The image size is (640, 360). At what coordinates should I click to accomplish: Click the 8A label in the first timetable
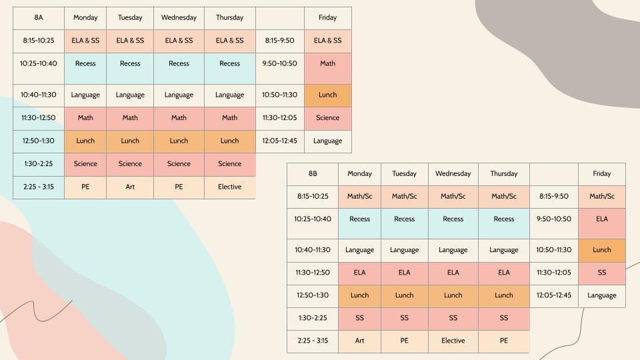39,17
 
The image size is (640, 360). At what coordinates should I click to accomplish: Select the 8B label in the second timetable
313,173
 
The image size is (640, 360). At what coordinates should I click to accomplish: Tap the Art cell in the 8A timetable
130,187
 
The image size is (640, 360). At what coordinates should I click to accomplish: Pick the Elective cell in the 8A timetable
230,187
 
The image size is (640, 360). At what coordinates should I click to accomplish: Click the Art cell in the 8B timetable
359,341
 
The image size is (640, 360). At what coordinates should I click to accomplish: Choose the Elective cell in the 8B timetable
453,341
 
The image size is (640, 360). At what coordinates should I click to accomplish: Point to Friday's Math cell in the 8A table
328,68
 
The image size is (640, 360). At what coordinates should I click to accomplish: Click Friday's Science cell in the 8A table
328,119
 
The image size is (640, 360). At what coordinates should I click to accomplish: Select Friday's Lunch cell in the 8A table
328,95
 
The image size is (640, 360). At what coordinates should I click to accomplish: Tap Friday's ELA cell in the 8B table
602,224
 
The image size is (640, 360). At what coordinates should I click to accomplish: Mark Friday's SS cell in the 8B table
602,273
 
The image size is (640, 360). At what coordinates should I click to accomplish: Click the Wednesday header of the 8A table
179,17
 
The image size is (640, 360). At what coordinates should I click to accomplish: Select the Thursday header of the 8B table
504,173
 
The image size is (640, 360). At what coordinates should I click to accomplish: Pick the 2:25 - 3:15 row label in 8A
39,187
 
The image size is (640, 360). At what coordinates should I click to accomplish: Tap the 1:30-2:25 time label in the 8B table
313,318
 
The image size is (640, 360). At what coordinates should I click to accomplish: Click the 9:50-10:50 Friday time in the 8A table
279,64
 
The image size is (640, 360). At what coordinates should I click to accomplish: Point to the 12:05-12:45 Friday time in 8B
554,295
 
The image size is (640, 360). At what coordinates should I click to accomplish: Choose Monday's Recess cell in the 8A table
85,68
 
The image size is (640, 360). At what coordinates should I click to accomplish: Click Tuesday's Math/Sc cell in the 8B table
405,197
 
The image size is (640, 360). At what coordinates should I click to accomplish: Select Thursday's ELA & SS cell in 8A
230,41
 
